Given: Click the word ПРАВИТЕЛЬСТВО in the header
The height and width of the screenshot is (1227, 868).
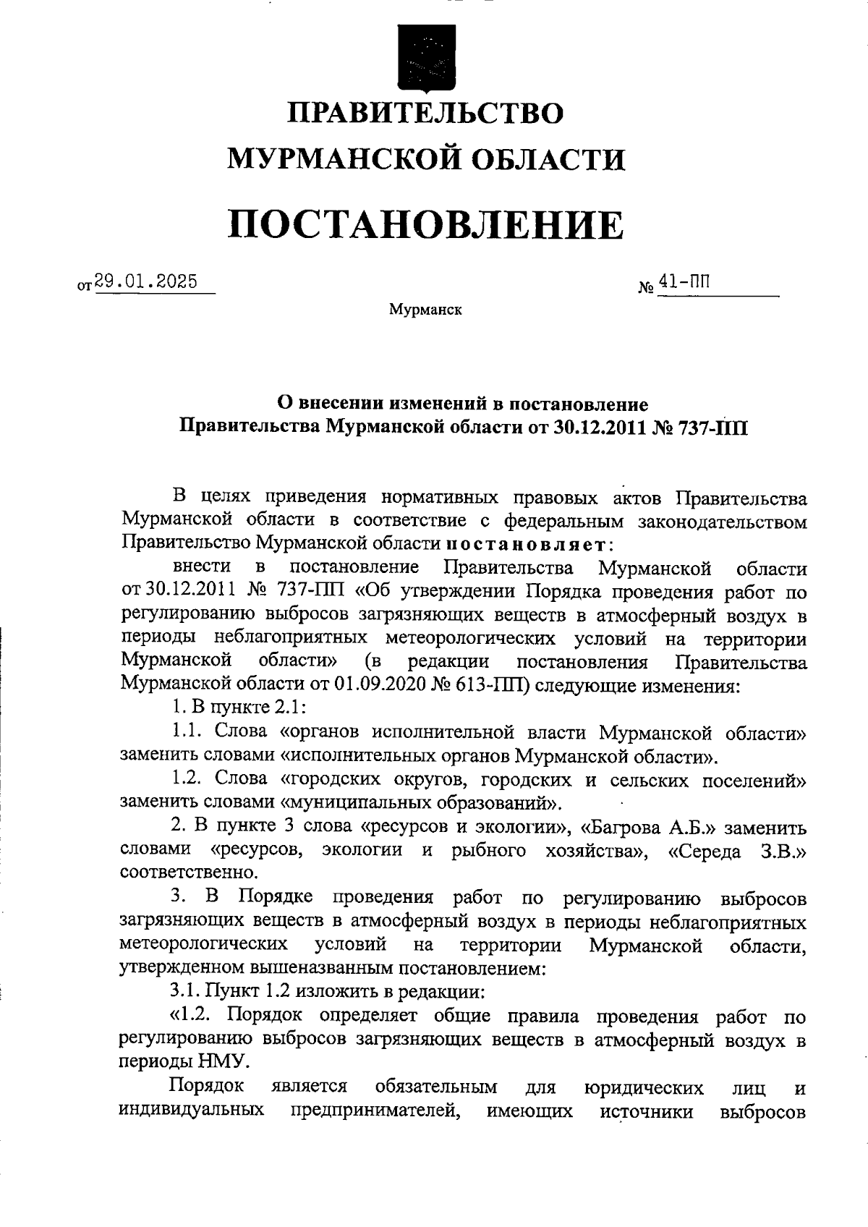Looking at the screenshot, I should tap(426, 114).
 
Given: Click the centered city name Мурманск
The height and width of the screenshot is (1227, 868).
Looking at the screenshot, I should tap(425, 310).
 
